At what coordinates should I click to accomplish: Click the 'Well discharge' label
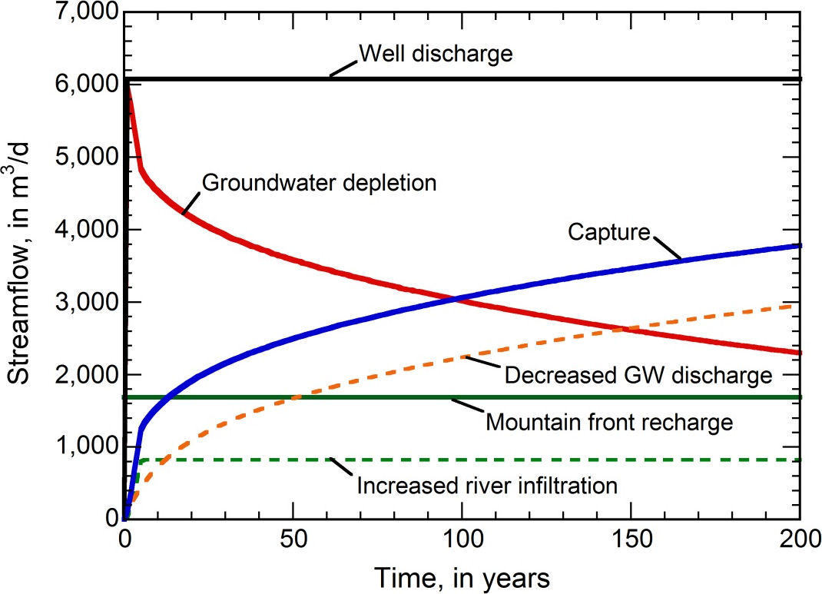[x=435, y=55]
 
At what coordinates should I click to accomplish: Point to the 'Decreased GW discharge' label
[x=638, y=376]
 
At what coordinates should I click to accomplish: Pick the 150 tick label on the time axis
[x=631, y=538]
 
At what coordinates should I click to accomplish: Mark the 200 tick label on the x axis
[x=799, y=538]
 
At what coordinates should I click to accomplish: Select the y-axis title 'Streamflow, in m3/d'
[x=21, y=265]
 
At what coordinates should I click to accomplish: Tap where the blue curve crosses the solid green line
[x=167, y=397]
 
